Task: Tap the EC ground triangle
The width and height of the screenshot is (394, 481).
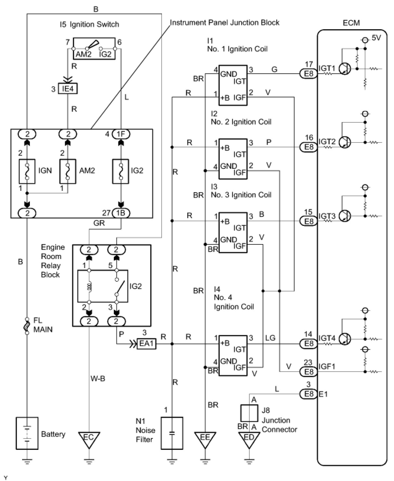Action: click(89, 439)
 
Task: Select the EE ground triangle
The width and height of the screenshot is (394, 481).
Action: click(205, 439)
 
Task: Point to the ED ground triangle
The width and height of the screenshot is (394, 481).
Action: click(249, 439)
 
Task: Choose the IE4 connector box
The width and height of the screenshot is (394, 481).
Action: click(68, 89)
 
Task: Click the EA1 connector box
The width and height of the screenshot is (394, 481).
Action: click(146, 343)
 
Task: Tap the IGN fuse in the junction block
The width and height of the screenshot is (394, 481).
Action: click(27, 171)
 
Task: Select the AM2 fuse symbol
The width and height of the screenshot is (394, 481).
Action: click(68, 171)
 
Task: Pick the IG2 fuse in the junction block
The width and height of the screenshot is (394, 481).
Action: click(121, 171)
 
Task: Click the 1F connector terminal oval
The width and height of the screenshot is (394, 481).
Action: click(121, 134)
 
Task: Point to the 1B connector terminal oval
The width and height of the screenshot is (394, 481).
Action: click(121, 213)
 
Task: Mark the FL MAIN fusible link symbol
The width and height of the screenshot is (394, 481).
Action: click(27, 326)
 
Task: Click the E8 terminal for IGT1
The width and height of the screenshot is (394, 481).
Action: click(309, 74)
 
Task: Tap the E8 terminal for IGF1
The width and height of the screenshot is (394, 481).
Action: click(309, 372)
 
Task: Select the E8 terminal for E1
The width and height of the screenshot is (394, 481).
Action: click(309, 394)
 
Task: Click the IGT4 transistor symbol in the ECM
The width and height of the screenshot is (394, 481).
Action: click(345, 339)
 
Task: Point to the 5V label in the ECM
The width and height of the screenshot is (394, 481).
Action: click(376, 38)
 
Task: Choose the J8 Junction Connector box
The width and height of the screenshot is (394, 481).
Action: click(249, 413)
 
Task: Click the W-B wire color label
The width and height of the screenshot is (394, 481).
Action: click(98, 378)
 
